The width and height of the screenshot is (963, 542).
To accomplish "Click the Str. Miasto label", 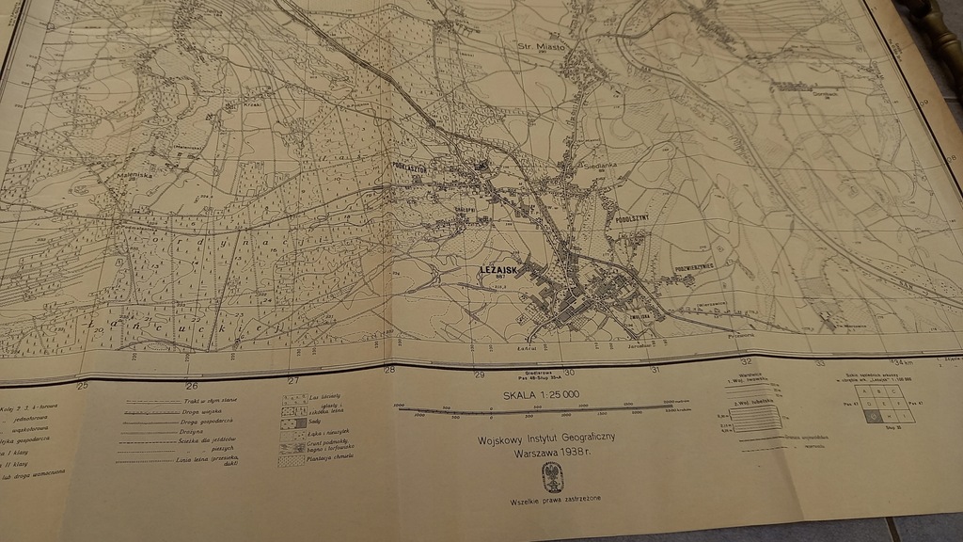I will [539, 44].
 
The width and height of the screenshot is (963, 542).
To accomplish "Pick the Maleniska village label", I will [132, 174].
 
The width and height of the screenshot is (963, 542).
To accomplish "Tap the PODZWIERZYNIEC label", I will [695, 266].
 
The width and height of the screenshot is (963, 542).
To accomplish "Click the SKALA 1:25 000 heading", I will [541, 395].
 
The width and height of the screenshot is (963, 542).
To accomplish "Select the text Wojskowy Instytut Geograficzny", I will [545, 438].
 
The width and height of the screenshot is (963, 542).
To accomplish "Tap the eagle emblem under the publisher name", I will [553, 478].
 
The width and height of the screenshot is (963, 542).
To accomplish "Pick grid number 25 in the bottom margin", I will [82, 386].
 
